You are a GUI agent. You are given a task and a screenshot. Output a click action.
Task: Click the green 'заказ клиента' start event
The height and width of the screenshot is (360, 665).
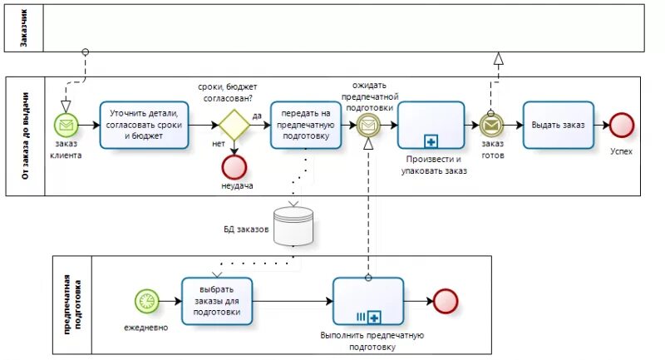click(66, 125)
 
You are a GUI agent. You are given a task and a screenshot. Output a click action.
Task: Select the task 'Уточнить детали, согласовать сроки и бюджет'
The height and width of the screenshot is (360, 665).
click(144, 125)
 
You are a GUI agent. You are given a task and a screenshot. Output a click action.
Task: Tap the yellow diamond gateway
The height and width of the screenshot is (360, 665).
click(234, 125)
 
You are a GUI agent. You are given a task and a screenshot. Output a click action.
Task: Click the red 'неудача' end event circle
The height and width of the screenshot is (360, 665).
click(234, 166)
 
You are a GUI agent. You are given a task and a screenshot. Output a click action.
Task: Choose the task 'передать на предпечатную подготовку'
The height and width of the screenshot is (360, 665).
click(306, 125)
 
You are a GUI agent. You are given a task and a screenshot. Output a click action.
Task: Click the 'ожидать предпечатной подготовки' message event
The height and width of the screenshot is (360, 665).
click(367, 125)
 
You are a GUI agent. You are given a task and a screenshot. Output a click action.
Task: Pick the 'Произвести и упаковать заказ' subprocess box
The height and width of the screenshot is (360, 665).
click(431, 125)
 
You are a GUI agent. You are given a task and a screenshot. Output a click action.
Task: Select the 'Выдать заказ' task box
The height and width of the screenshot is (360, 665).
click(559, 125)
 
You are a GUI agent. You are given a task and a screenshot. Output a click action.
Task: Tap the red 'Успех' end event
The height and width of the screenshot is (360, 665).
click(621, 125)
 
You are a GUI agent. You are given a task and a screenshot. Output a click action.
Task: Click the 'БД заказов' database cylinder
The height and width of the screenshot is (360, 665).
click(293, 224)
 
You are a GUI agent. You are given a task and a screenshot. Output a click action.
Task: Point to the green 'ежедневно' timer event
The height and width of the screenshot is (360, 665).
click(146, 300)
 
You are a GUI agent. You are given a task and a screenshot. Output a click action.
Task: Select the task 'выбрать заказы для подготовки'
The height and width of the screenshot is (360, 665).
click(217, 300)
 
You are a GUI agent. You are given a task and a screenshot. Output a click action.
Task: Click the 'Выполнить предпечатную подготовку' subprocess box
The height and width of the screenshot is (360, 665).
click(368, 300)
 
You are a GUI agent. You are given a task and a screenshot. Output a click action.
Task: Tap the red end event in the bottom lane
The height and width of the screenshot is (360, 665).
click(446, 300)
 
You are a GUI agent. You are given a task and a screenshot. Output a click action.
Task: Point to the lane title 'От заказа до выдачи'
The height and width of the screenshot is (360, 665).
click(23, 136)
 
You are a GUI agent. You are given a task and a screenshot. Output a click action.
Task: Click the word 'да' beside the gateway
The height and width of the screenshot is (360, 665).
click(257, 116)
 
